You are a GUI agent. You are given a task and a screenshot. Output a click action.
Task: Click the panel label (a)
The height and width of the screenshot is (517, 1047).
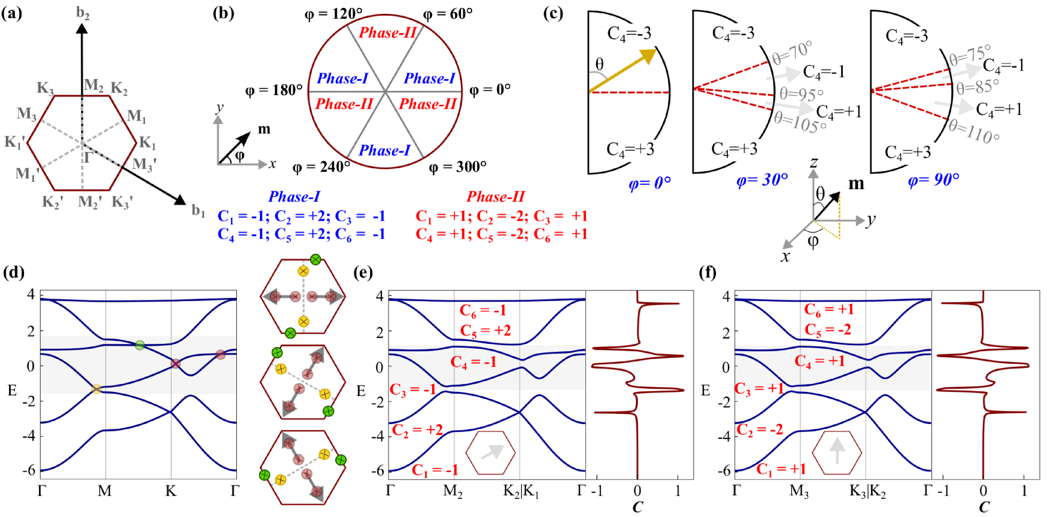coord(12,13)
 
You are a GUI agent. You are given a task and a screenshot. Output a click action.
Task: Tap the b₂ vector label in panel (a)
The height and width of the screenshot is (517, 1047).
coord(83,13)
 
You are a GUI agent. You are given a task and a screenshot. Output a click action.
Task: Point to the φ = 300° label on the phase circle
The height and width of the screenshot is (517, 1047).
coord(458,167)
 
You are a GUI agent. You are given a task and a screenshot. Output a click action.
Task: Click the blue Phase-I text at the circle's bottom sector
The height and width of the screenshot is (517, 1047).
coord(384,151)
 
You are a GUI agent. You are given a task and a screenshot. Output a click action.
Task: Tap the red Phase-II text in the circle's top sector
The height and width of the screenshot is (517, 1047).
coord(387,33)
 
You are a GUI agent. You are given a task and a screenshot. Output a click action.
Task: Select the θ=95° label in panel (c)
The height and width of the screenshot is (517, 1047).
coord(801,95)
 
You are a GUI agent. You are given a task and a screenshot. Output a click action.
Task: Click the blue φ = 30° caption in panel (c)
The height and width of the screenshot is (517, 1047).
coord(762,180)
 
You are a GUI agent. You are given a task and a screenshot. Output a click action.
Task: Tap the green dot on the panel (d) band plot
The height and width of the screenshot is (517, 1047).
coord(140,345)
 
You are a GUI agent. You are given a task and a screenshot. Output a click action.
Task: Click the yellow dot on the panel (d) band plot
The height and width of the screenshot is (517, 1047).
coord(96,389)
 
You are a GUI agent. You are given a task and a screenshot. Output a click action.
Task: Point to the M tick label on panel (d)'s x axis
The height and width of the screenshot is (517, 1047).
coord(105,490)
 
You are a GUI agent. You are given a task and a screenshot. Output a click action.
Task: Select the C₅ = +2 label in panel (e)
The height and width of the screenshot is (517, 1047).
coord(486,331)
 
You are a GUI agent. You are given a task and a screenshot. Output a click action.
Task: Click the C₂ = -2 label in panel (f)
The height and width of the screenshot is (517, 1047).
coord(759,429)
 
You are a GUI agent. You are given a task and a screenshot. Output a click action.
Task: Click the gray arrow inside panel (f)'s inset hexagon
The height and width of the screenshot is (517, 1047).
coord(837,451)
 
